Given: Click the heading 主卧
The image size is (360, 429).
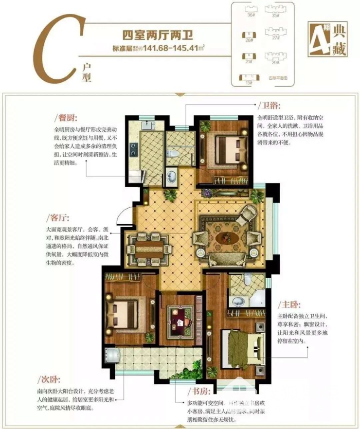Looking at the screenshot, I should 289,305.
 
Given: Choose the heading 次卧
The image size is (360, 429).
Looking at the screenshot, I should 50,378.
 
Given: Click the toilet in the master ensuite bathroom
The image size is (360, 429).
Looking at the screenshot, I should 247,281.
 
